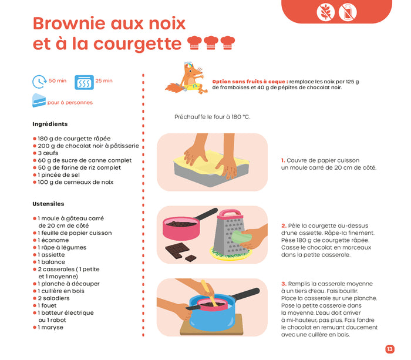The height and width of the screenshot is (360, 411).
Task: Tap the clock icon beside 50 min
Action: pos(39,81)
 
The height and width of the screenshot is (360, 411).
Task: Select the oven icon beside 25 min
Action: pos(85,81)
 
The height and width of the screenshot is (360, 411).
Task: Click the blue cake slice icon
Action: pos(39,100)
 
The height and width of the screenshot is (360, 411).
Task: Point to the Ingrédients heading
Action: pos(50,124)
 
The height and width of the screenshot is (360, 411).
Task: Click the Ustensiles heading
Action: pos(48,204)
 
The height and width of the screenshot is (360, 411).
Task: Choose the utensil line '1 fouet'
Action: pos(49,305)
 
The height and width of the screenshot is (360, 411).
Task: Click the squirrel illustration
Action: pos(187,78)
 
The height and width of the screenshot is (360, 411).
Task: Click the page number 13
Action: pos(389,349)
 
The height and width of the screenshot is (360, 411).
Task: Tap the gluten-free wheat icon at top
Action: pos(325,11)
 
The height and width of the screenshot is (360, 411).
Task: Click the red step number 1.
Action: pos(282,160)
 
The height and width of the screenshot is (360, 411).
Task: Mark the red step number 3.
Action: pos(283,284)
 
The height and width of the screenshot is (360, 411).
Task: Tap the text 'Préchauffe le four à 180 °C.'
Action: pos(212,117)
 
